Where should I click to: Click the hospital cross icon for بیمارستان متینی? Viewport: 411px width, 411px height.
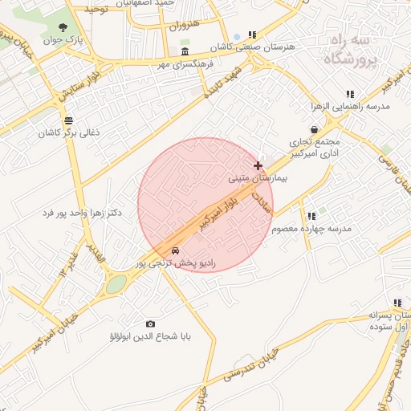(258, 166)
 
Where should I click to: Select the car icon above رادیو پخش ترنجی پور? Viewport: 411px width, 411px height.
(176, 250)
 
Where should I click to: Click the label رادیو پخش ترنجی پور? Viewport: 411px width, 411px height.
(175, 262)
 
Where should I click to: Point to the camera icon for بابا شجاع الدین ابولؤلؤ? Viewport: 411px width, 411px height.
(150, 324)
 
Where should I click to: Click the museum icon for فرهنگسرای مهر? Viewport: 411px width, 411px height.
(185, 51)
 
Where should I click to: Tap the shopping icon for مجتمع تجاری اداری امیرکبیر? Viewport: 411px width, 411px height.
(314, 129)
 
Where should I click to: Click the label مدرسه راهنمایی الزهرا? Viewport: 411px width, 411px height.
(350, 106)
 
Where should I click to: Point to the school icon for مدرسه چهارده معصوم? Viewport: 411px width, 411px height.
(311, 216)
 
